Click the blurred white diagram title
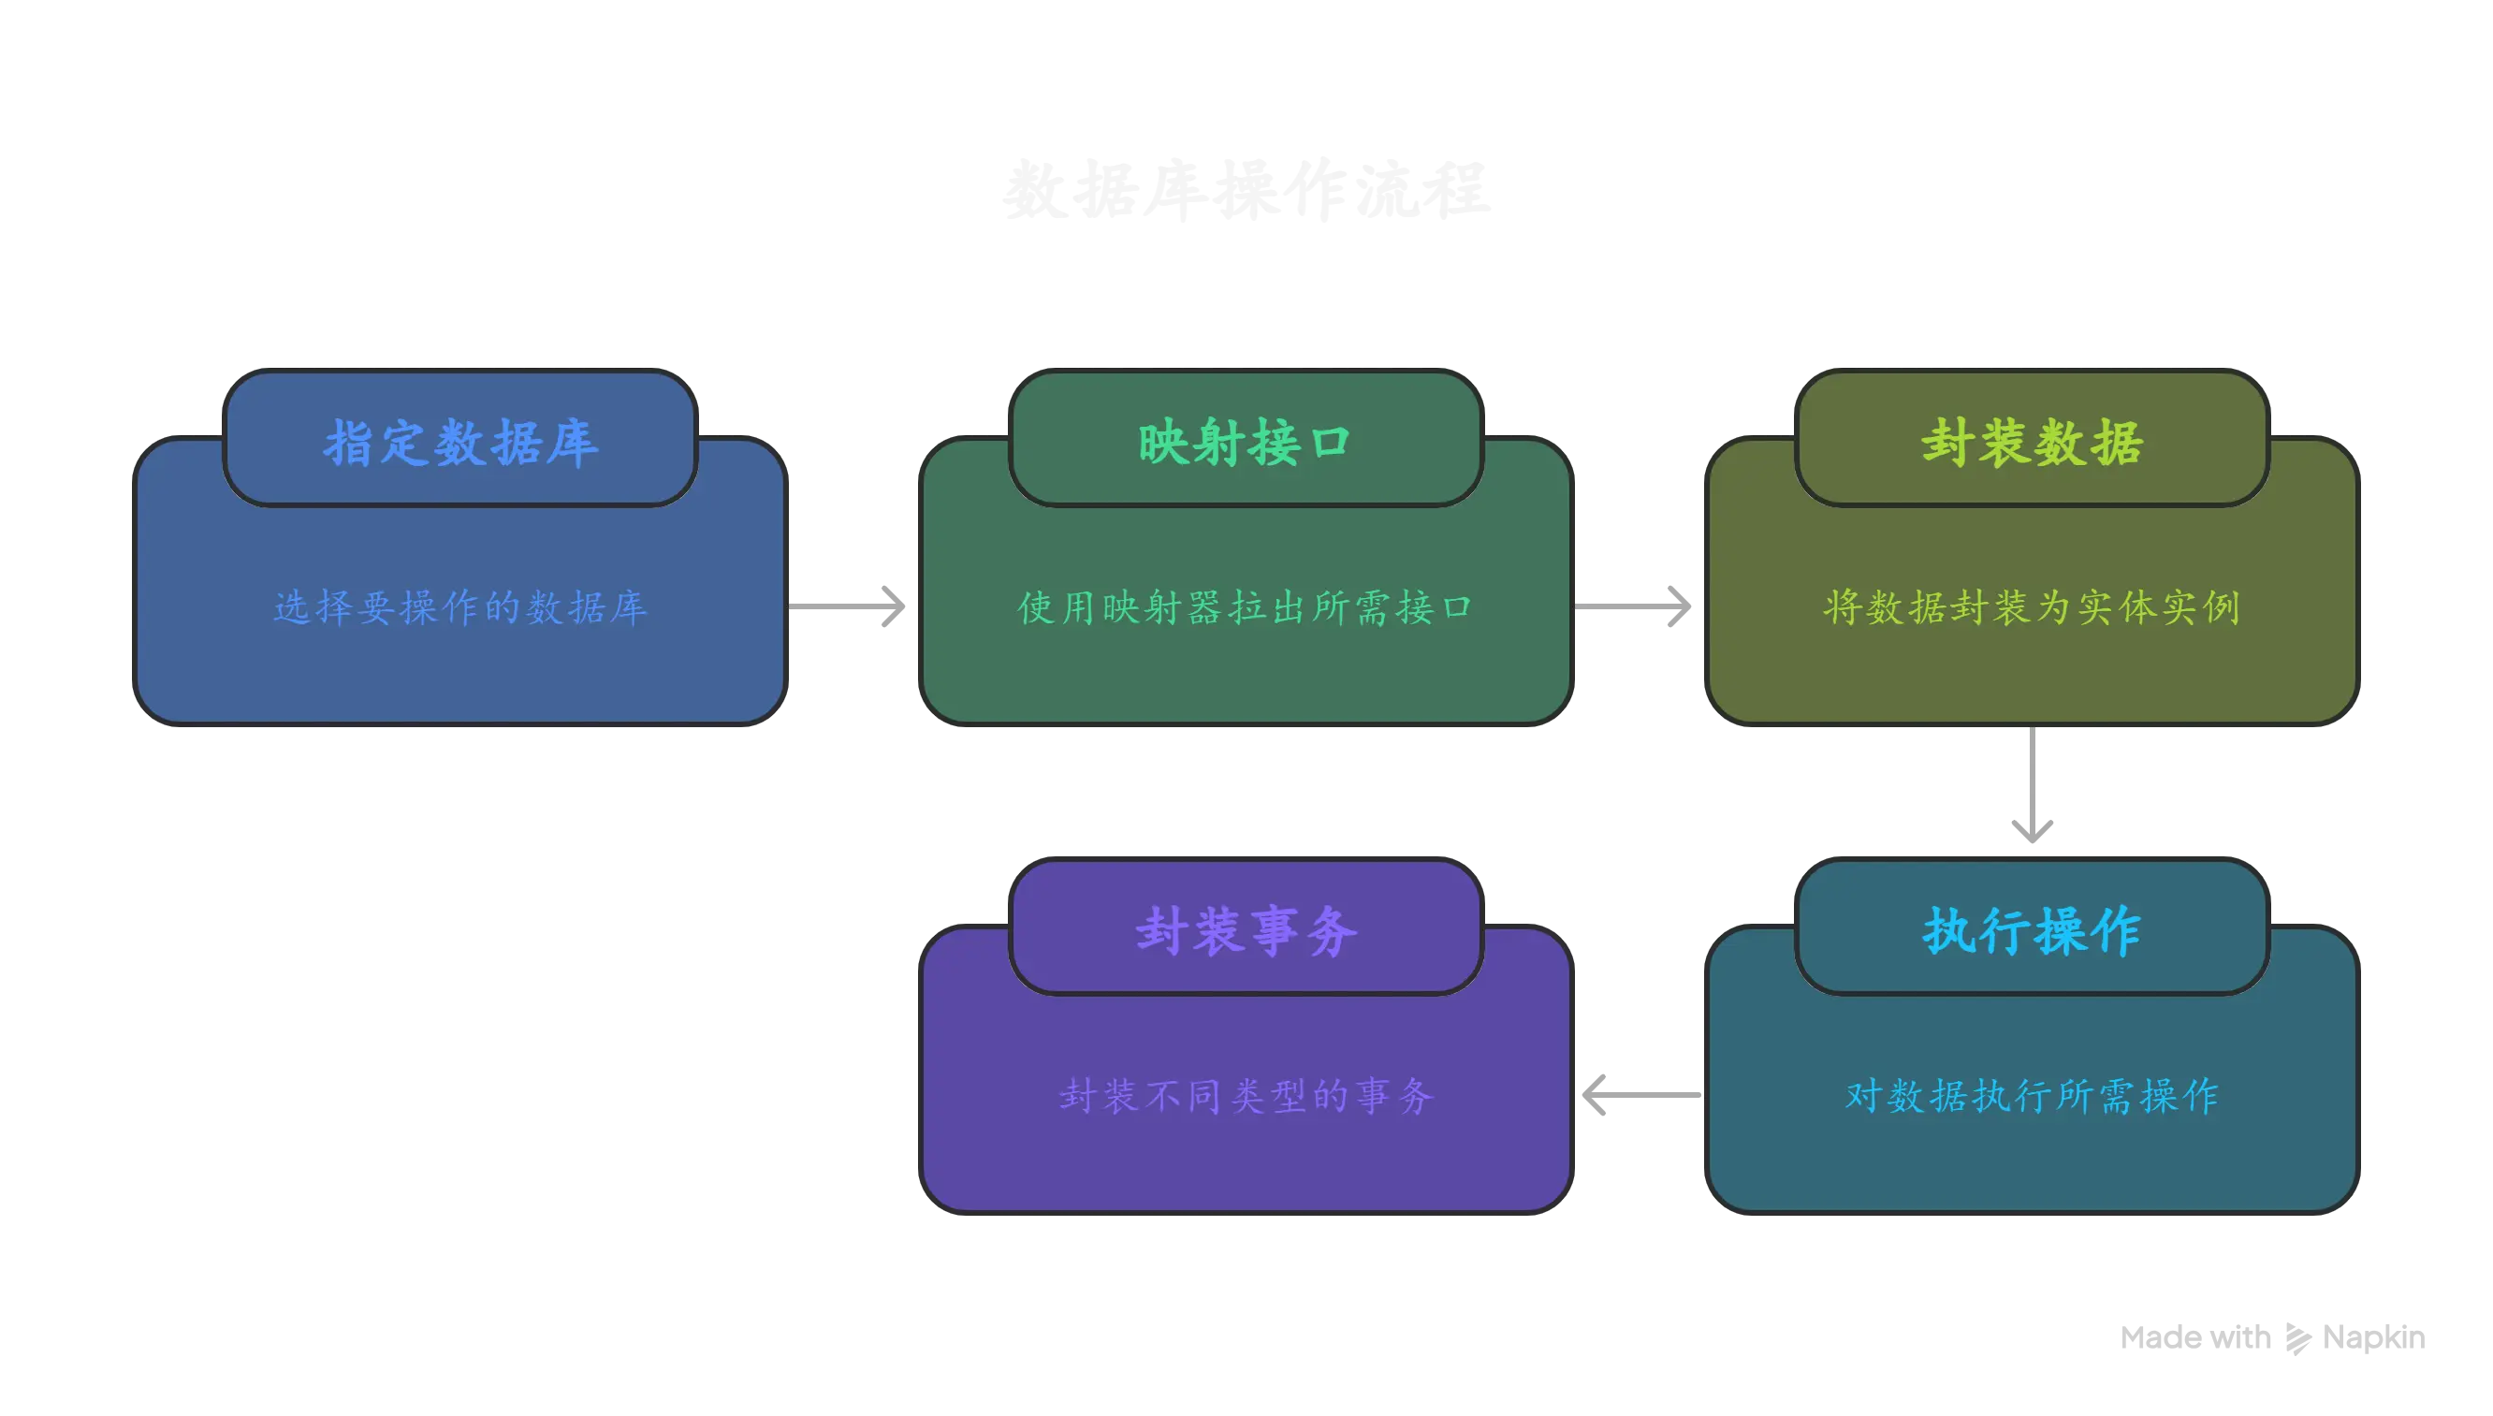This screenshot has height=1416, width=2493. [x=1246, y=191]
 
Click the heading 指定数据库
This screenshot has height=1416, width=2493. [x=460, y=444]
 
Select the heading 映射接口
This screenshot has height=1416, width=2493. [x=1246, y=444]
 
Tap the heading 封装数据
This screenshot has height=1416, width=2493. [x=2033, y=444]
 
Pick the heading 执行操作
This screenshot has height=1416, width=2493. [x=2033, y=932]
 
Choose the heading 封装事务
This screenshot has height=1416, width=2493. [x=1246, y=932]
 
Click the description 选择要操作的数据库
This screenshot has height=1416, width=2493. [x=460, y=607]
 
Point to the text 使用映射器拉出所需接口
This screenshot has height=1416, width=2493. [x=1246, y=607]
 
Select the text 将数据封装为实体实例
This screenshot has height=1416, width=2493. [x=2033, y=607]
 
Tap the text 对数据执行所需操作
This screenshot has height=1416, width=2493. [x=2033, y=1096]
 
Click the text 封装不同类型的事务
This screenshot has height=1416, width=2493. [x=1246, y=1096]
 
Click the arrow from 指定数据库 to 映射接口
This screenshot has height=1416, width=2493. [x=849, y=606]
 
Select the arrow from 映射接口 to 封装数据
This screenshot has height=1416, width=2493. [x=1635, y=606]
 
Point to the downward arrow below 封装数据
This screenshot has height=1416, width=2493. [x=2033, y=788]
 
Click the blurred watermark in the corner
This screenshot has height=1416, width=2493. [x=2271, y=1338]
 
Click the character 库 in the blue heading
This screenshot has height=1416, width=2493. [x=573, y=444]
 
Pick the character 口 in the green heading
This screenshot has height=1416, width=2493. [x=1330, y=444]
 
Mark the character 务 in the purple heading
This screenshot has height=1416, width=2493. [x=1332, y=932]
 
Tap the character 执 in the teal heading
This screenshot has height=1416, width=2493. [x=1948, y=932]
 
